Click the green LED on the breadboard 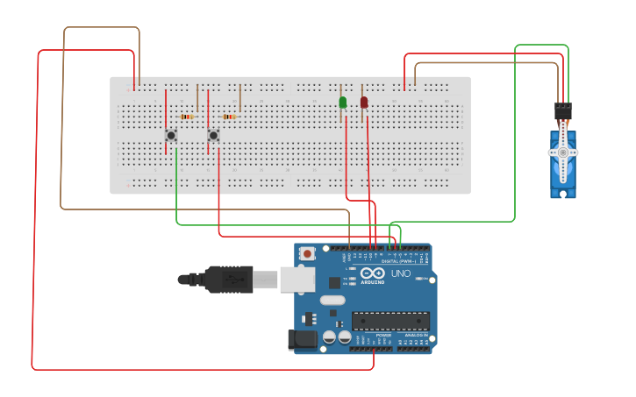pos(343,103)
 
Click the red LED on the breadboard pos(364,103)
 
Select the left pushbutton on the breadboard pos(171,135)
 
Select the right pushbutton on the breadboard pos(213,135)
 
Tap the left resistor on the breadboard pos(187,117)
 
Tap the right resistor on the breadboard pos(229,117)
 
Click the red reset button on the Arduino pos(307,253)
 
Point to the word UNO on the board pos(400,273)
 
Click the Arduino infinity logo pos(371,273)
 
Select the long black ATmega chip pos(390,321)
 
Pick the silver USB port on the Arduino pos(297,280)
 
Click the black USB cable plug pos(228,280)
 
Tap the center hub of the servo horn pos(562,152)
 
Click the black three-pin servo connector pos(562,112)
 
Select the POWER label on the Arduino pos(383,336)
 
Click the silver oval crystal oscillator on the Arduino pos(332,300)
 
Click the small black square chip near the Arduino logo pos(334,282)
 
